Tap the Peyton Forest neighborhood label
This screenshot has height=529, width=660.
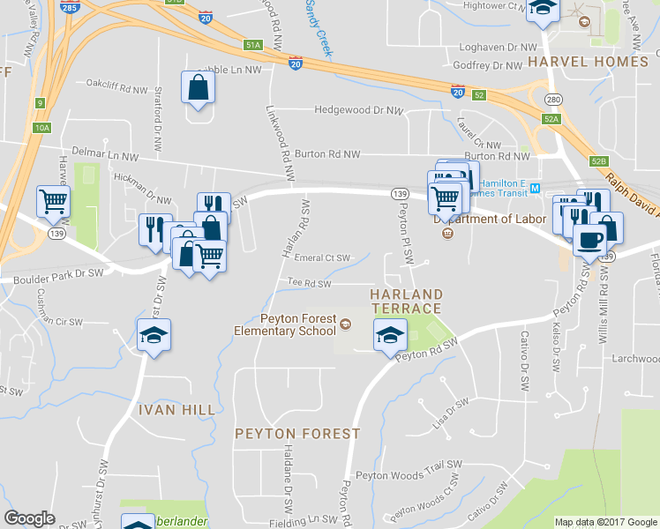click(297, 434)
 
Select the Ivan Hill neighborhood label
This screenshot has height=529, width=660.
click(176, 410)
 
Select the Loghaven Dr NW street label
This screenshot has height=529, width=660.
click(493, 47)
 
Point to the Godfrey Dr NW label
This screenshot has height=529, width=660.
click(488, 65)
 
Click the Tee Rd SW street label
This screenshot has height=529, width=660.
click(310, 283)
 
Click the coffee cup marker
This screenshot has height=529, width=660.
click(589, 238)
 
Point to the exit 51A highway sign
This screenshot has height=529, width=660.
click(253, 44)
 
